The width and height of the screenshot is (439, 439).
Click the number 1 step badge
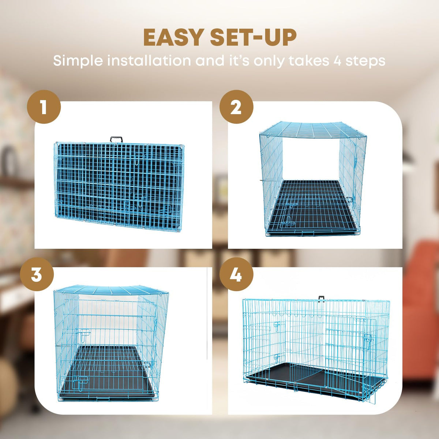tap(44, 106)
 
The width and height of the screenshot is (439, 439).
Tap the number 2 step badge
tap(236, 106)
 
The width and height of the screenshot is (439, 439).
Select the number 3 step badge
tap(37, 274)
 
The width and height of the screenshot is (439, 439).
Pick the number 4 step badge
tap(236, 274)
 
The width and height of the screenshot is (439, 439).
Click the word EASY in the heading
tap(174, 37)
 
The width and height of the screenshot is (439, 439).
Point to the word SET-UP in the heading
tap(254, 37)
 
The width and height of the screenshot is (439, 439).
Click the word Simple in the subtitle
tap(78, 61)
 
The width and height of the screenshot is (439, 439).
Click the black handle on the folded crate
tap(116, 139)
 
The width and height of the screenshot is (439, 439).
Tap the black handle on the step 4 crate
tap(322, 299)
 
